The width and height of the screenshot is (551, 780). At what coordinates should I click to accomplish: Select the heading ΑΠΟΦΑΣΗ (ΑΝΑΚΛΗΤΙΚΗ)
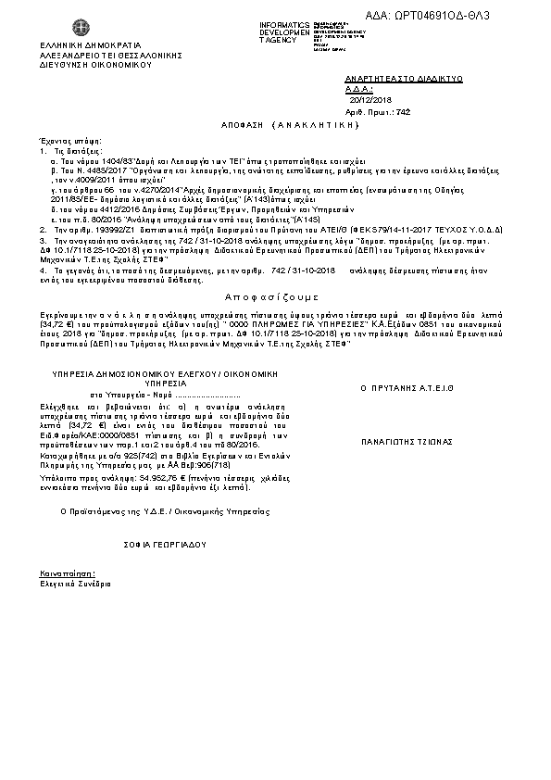(276, 123)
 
